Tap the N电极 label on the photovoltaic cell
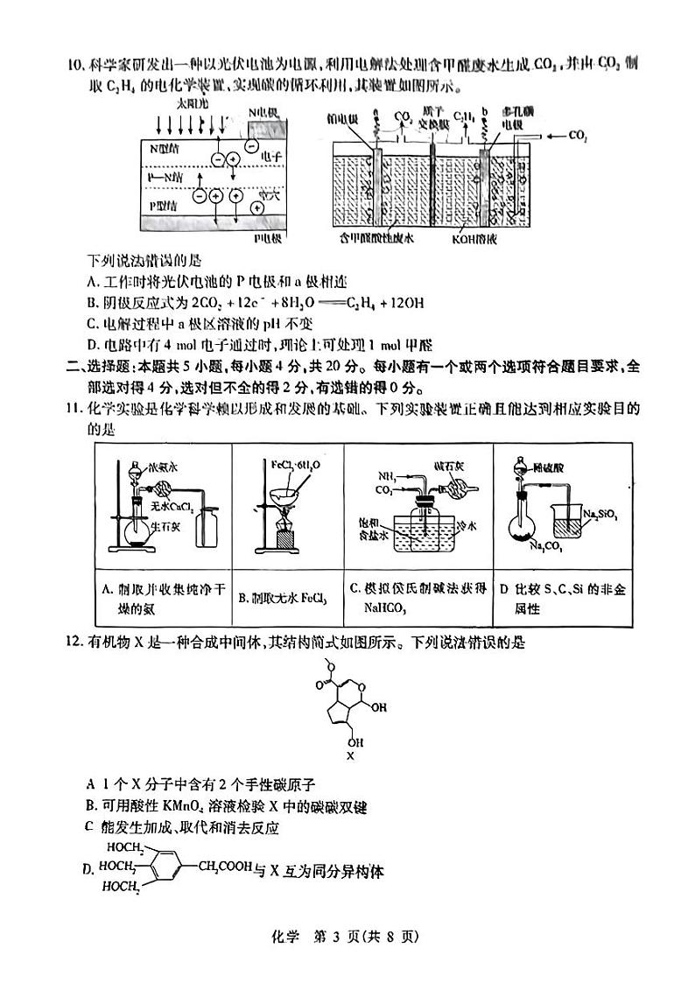(263, 112)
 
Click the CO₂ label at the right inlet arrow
(578, 136)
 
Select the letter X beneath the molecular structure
(350, 755)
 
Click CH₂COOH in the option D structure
(224, 867)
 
